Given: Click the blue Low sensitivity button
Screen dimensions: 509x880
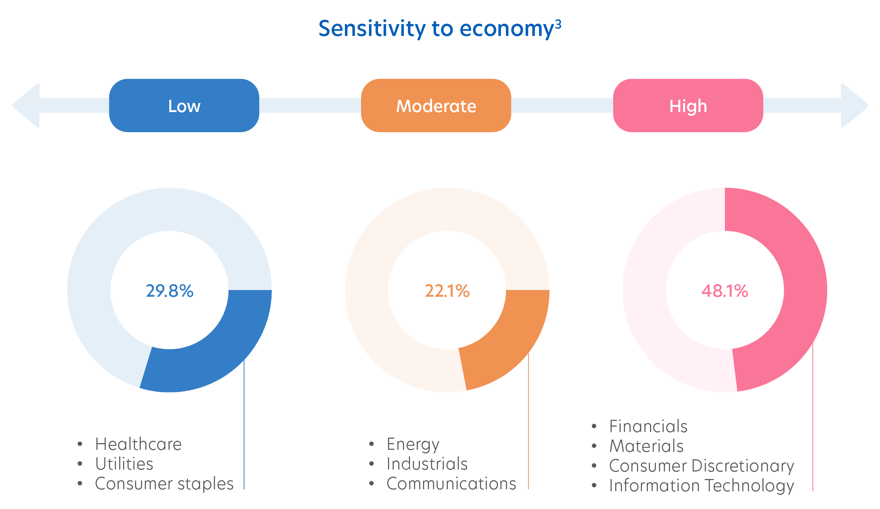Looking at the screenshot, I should pyautogui.click(x=184, y=105).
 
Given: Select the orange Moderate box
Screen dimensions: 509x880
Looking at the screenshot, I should pyautogui.click(x=436, y=105).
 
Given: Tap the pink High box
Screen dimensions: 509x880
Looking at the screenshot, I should pyautogui.click(x=688, y=105).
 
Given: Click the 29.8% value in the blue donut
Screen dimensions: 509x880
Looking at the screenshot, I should pyautogui.click(x=170, y=291).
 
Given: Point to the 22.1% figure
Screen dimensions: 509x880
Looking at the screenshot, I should pyautogui.click(x=447, y=291).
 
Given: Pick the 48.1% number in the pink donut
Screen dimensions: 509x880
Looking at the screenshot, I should pyautogui.click(x=725, y=291).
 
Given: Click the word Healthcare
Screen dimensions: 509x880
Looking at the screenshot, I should pyautogui.click(x=138, y=444).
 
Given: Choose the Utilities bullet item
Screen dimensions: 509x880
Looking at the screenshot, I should pyautogui.click(x=124, y=464).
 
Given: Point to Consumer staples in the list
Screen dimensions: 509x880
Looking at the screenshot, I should pyautogui.click(x=164, y=484).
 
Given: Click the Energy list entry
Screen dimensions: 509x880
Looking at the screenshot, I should pyautogui.click(x=413, y=444).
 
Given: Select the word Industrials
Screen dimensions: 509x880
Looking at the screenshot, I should pyautogui.click(x=427, y=464).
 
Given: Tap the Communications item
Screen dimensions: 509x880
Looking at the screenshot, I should pyautogui.click(x=451, y=484).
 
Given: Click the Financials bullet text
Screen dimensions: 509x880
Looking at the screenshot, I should pyautogui.click(x=648, y=427).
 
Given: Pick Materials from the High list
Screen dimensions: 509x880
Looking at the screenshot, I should pyautogui.click(x=646, y=446).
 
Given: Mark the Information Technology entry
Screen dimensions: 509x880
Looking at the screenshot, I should pyautogui.click(x=701, y=486).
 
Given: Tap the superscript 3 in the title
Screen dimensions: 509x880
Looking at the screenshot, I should pyautogui.click(x=558, y=24).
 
